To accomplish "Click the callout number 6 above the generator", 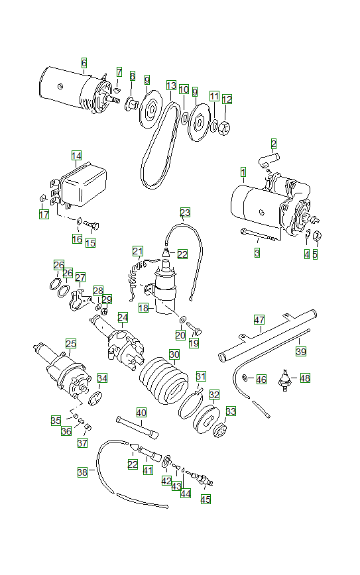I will pyautogui.click(x=84, y=63).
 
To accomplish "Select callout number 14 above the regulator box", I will pyautogui.click(x=76, y=156).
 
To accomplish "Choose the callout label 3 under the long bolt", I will pyautogui.click(x=257, y=252).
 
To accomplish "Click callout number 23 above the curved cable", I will pyautogui.click(x=185, y=213).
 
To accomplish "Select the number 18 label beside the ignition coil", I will pyautogui.click(x=143, y=309).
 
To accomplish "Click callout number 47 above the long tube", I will pyautogui.click(x=259, y=319).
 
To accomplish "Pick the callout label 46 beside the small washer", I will pyautogui.click(x=261, y=380).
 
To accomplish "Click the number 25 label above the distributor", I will pyautogui.click(x=71, y=343).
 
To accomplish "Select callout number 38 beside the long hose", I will pyautogui.click(x=82, y=472).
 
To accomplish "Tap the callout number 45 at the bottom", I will pyautogui.click(x=206, y=499).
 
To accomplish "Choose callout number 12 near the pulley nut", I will pyautogui.click(x=227, y=99).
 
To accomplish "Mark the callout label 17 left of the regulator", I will pyautogui.click(x=44, y=214).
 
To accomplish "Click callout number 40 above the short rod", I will pyautogui.click(x=141, y=412).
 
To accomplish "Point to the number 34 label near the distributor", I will pyautogui.click(x=102, y=378).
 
